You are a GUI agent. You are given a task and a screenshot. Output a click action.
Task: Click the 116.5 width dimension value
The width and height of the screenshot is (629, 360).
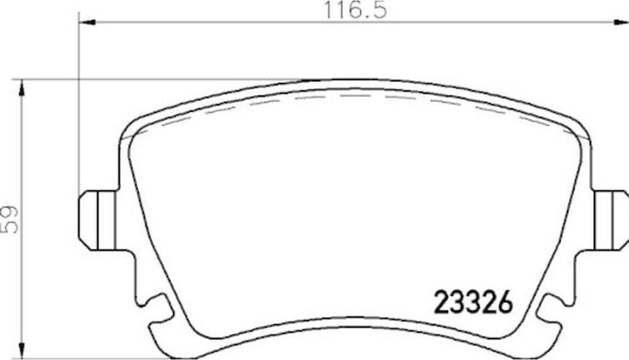[x=356, y=10]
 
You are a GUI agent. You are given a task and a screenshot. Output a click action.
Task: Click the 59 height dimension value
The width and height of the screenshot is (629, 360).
[x=10, y=219]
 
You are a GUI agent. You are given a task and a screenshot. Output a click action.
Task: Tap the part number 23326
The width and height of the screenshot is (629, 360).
[x=473, y=301]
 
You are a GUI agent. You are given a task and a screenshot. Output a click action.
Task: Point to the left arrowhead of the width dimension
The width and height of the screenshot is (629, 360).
[x=87, y=22]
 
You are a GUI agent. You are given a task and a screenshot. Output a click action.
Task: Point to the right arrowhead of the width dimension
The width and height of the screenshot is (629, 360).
[x=620, y=22]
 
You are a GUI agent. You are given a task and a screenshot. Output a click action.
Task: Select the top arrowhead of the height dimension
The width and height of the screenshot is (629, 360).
[x=22, y=87]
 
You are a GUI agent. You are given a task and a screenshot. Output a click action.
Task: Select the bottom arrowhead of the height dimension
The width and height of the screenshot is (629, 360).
[x=22, y=350]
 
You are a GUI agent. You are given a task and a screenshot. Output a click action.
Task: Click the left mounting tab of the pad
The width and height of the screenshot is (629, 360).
[x=98, y=220]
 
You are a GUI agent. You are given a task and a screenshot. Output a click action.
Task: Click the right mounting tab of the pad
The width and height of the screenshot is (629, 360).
[x=611, y=220]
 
